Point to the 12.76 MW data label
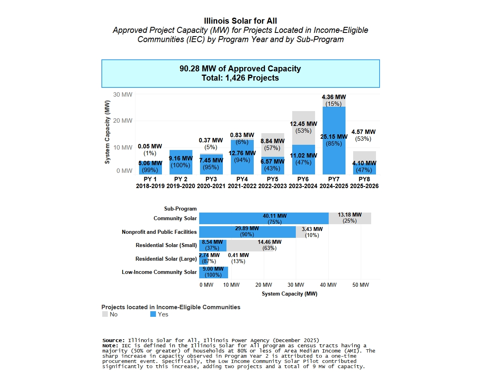242,153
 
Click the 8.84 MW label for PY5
272,141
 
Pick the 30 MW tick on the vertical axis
123,95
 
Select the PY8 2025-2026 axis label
364,183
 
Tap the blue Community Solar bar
263,219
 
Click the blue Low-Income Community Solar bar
214,272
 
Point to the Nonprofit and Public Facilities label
159,232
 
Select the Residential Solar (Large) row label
166,259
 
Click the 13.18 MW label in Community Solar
350,215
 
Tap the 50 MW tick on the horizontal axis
360,285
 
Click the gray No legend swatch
105,314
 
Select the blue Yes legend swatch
153,314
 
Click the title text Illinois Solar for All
240,21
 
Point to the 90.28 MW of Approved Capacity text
240,69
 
